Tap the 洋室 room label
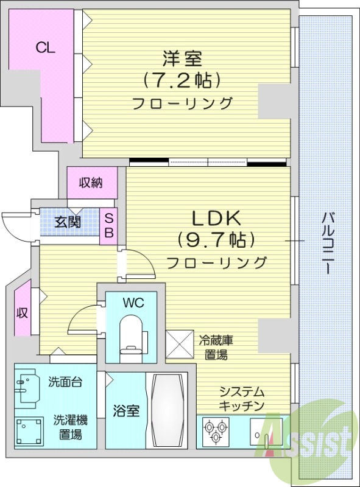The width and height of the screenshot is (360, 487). [x=182, y=60]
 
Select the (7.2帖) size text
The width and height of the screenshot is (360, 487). [x=182, y=80]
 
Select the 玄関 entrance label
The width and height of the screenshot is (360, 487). [x=68, y=222]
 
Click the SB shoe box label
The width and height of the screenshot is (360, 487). [x=109, y=225]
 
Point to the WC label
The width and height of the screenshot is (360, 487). [x=132, y=302]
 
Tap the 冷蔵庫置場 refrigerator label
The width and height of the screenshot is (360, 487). [x=216, y=347]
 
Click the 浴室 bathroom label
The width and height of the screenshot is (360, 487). [x=125, y=412]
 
